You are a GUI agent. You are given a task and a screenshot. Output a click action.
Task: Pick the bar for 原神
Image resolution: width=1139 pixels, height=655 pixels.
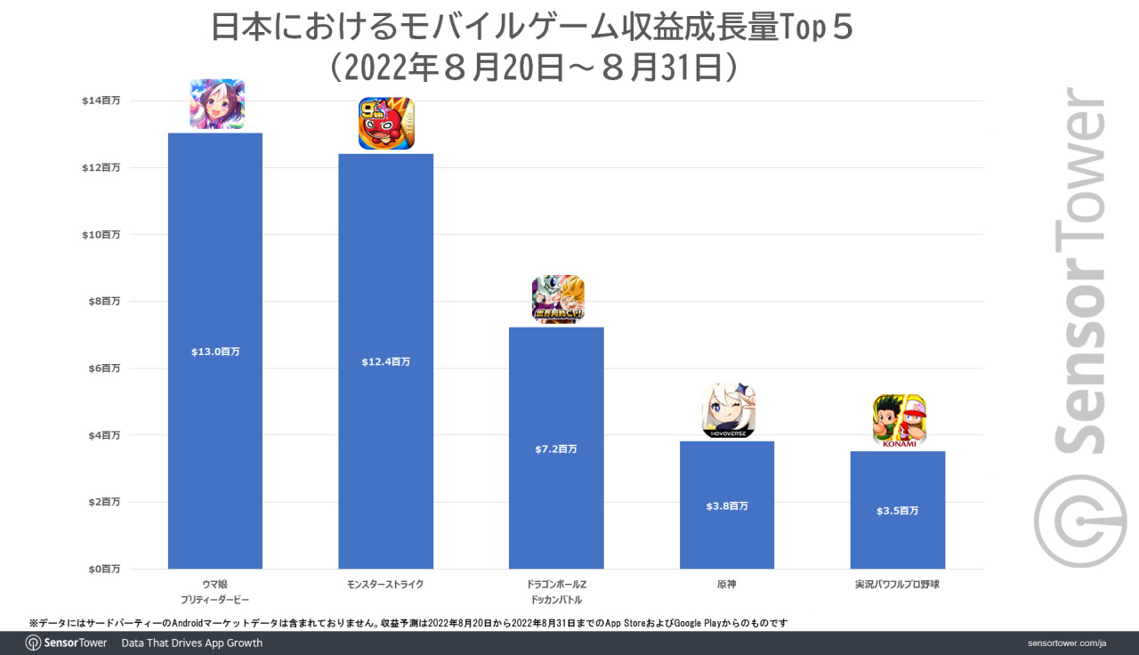727,534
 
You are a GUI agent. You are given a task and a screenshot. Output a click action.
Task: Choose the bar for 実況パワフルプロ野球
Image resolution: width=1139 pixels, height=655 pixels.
897,543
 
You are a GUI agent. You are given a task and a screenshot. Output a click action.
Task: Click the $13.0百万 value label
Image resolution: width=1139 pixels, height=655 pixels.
215,352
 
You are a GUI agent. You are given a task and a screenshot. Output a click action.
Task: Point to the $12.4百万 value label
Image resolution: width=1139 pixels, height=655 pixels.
385,362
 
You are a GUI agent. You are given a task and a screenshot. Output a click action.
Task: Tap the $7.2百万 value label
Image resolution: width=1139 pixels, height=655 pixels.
556,449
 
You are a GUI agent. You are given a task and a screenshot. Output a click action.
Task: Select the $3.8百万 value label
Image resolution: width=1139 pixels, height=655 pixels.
727,506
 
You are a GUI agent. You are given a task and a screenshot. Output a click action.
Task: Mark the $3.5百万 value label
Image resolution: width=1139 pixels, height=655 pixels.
897,511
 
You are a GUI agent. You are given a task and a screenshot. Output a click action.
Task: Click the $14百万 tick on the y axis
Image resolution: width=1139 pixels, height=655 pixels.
101,101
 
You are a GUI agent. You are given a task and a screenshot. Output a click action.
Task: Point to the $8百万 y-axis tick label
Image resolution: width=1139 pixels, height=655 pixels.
103,302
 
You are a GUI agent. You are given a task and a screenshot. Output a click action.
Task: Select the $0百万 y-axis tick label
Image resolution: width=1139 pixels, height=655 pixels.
103,569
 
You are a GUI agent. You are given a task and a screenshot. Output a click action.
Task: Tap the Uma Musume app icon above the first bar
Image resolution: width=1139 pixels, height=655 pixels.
217,104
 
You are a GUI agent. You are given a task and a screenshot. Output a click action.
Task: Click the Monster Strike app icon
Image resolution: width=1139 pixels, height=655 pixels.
386,123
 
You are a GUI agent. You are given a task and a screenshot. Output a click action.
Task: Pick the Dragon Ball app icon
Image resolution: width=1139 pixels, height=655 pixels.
558,299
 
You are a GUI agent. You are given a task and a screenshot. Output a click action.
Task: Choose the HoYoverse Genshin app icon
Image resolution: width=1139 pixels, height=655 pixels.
729,411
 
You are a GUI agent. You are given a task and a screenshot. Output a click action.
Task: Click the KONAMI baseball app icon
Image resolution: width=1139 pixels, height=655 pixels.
899,421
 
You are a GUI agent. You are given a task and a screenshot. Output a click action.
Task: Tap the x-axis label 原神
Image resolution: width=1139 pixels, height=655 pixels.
727,585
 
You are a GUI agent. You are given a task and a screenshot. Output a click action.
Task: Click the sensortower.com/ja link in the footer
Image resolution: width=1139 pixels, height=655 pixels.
1065,643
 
